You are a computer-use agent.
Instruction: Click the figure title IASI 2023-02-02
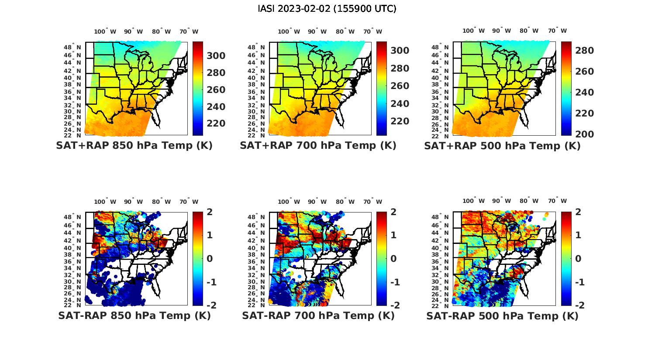327,9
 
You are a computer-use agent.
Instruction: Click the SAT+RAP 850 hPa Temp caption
134,146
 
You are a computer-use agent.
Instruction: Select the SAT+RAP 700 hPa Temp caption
318,146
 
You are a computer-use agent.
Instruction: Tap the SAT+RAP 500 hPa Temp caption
502,146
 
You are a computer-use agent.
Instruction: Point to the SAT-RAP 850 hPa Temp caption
134,315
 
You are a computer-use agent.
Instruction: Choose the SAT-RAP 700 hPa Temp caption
318,315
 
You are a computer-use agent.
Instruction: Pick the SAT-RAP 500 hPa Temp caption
502,316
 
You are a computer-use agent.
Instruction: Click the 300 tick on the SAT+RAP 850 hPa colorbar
216,56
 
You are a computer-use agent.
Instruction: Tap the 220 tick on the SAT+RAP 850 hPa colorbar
216,123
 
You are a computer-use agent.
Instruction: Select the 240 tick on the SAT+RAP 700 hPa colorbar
400,104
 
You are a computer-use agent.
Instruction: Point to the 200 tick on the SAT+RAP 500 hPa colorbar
585,134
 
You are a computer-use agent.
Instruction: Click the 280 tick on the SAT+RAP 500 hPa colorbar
585,51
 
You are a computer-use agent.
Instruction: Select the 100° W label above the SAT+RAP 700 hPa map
289,31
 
